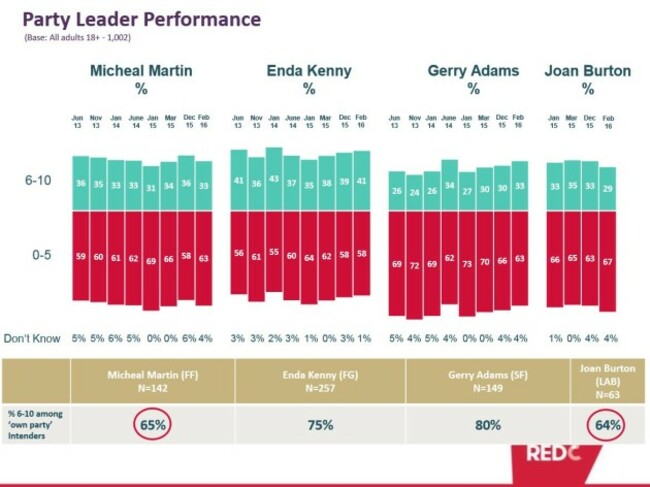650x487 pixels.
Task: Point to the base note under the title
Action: (x=77, y=38)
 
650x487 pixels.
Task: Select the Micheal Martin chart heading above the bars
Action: (x=140, y=79)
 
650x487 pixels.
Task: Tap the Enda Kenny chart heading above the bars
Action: (x=309, y=79)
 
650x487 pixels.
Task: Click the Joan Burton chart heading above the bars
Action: (x=587, y=79)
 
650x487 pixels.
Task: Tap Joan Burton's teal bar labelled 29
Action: (x=608, y=189)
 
